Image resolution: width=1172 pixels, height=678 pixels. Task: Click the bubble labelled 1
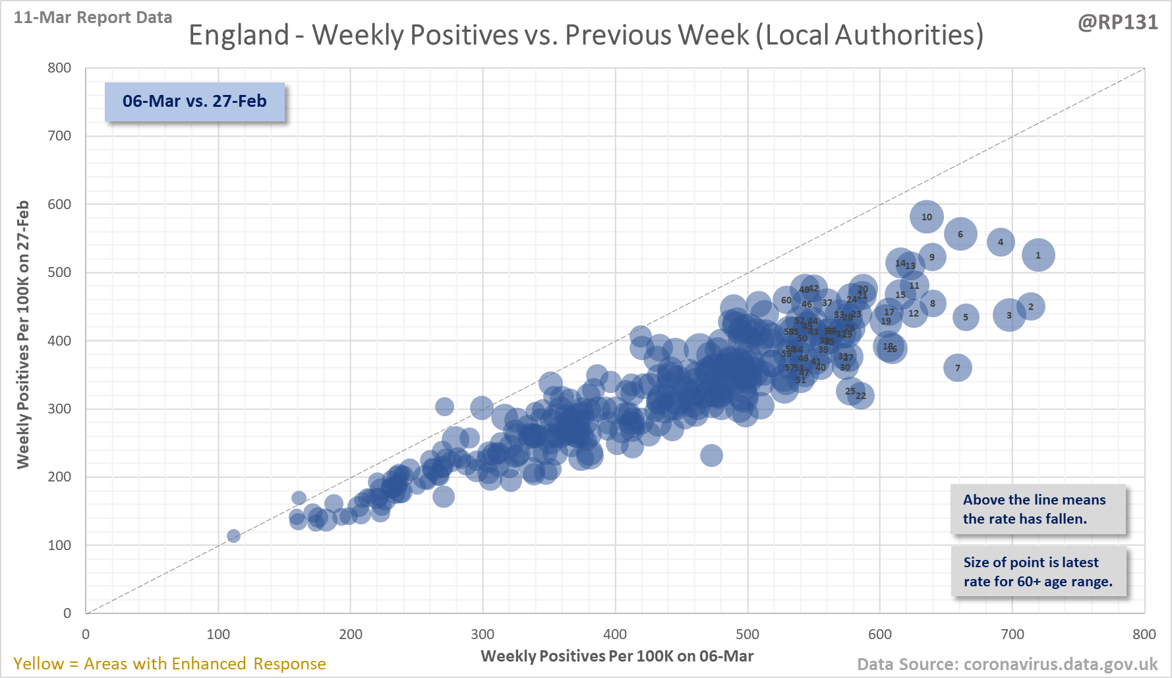[x=1038, y=255]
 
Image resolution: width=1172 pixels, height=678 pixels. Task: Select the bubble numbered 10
[x=927, y=217]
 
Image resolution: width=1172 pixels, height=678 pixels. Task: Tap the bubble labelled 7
[x=958, y=368]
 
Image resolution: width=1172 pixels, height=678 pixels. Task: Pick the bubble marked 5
[x=966, y=317]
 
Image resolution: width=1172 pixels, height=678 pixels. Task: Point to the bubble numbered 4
[x=1001, y=242]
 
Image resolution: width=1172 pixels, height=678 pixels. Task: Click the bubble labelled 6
[x=960, y=234]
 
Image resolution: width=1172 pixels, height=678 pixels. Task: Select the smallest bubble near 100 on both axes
[x=233, y=536]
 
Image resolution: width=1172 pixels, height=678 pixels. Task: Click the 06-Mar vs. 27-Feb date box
[x=194, y=102]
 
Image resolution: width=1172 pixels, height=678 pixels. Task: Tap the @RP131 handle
[x=1117, y=22]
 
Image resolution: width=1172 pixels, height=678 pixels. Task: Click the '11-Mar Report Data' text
[x=93, y=18]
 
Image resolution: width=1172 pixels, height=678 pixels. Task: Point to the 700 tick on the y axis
[x=59, y=136]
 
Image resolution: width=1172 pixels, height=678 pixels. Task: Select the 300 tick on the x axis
[x=483, y=634]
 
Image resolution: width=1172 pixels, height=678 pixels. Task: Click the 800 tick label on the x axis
[x=1144, y=634]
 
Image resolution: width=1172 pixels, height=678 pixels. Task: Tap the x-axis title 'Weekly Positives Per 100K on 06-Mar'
[x=617, y=656]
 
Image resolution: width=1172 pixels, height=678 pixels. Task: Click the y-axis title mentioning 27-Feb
[x=23, y=334]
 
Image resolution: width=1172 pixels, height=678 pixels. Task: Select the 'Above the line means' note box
[x=1038, y=509]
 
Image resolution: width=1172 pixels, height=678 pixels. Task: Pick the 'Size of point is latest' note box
[x=1038, y=572]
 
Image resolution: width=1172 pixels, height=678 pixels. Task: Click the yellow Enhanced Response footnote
[x=169, y=663]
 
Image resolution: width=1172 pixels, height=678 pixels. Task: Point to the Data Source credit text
[x=1007, y=664]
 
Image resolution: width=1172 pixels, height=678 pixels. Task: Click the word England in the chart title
[x=239, y=35]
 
